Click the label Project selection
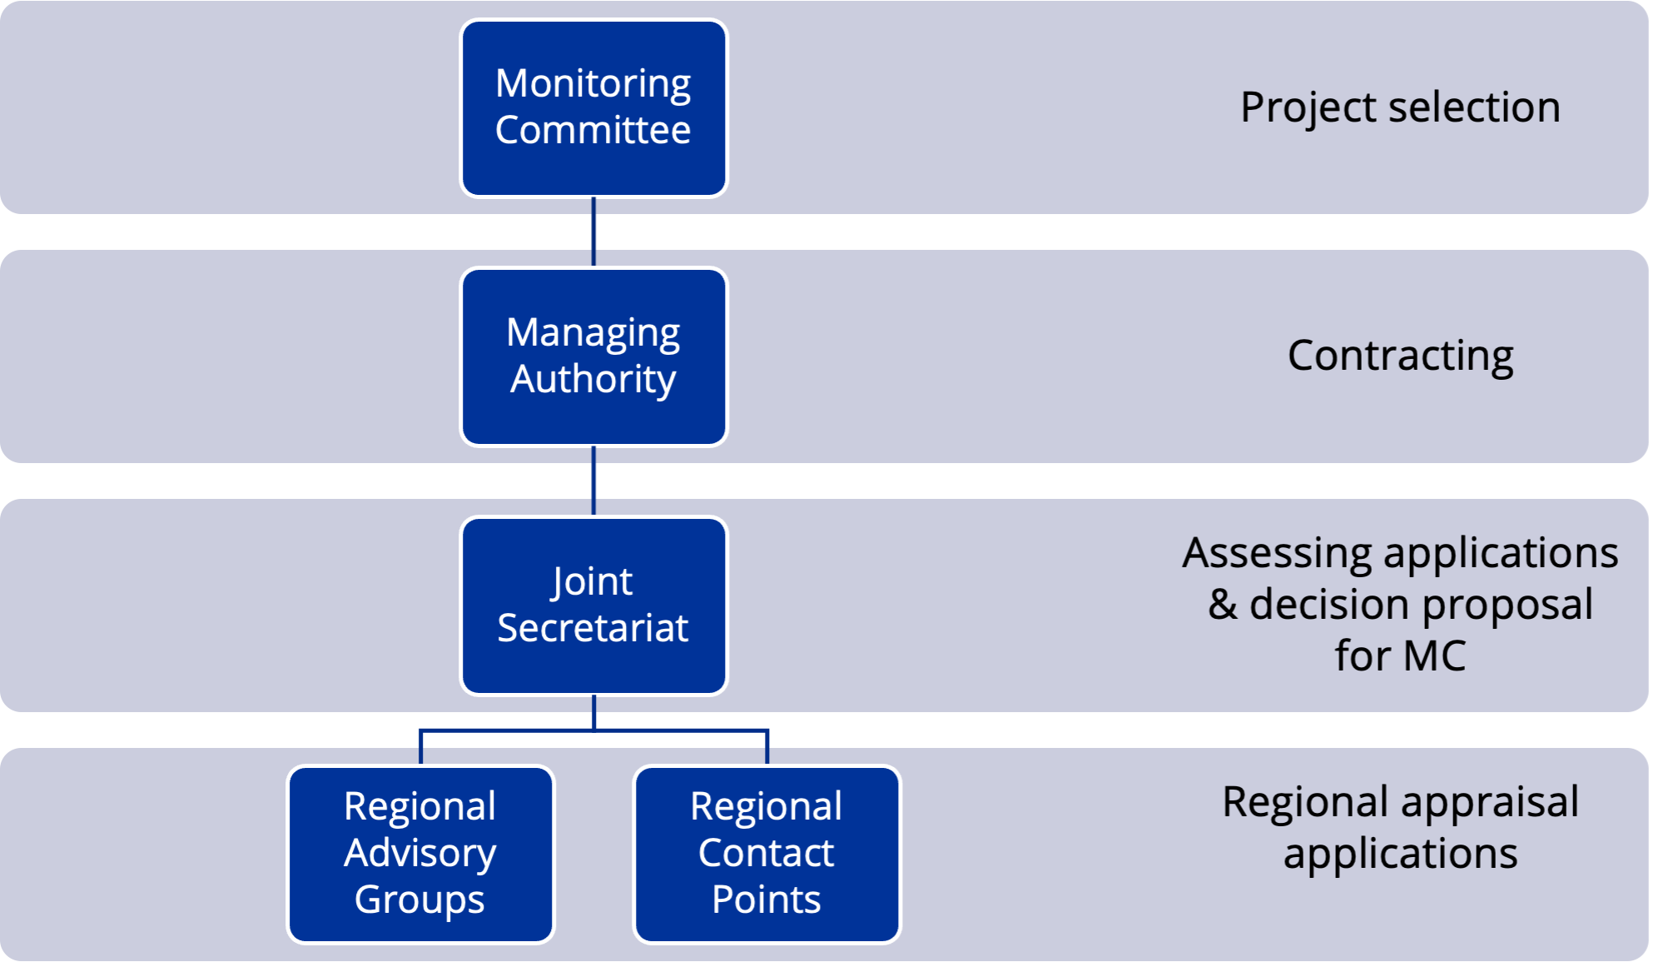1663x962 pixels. point(1400,107)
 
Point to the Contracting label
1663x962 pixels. point(1400,356)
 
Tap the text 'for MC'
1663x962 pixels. point(1400,655)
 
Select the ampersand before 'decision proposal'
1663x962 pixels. point(1222,605)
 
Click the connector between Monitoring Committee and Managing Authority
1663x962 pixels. point(593,232)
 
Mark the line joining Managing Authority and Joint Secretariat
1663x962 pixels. point(593,481)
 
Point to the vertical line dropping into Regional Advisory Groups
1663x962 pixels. point(421,748)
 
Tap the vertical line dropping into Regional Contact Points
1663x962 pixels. point(767,748)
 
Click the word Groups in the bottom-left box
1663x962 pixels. point(419,900)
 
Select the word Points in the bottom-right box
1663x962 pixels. point(767,900)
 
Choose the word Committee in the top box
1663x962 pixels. point(593,131)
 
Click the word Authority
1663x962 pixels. point(593,380)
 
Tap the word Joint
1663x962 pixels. point(592,581)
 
